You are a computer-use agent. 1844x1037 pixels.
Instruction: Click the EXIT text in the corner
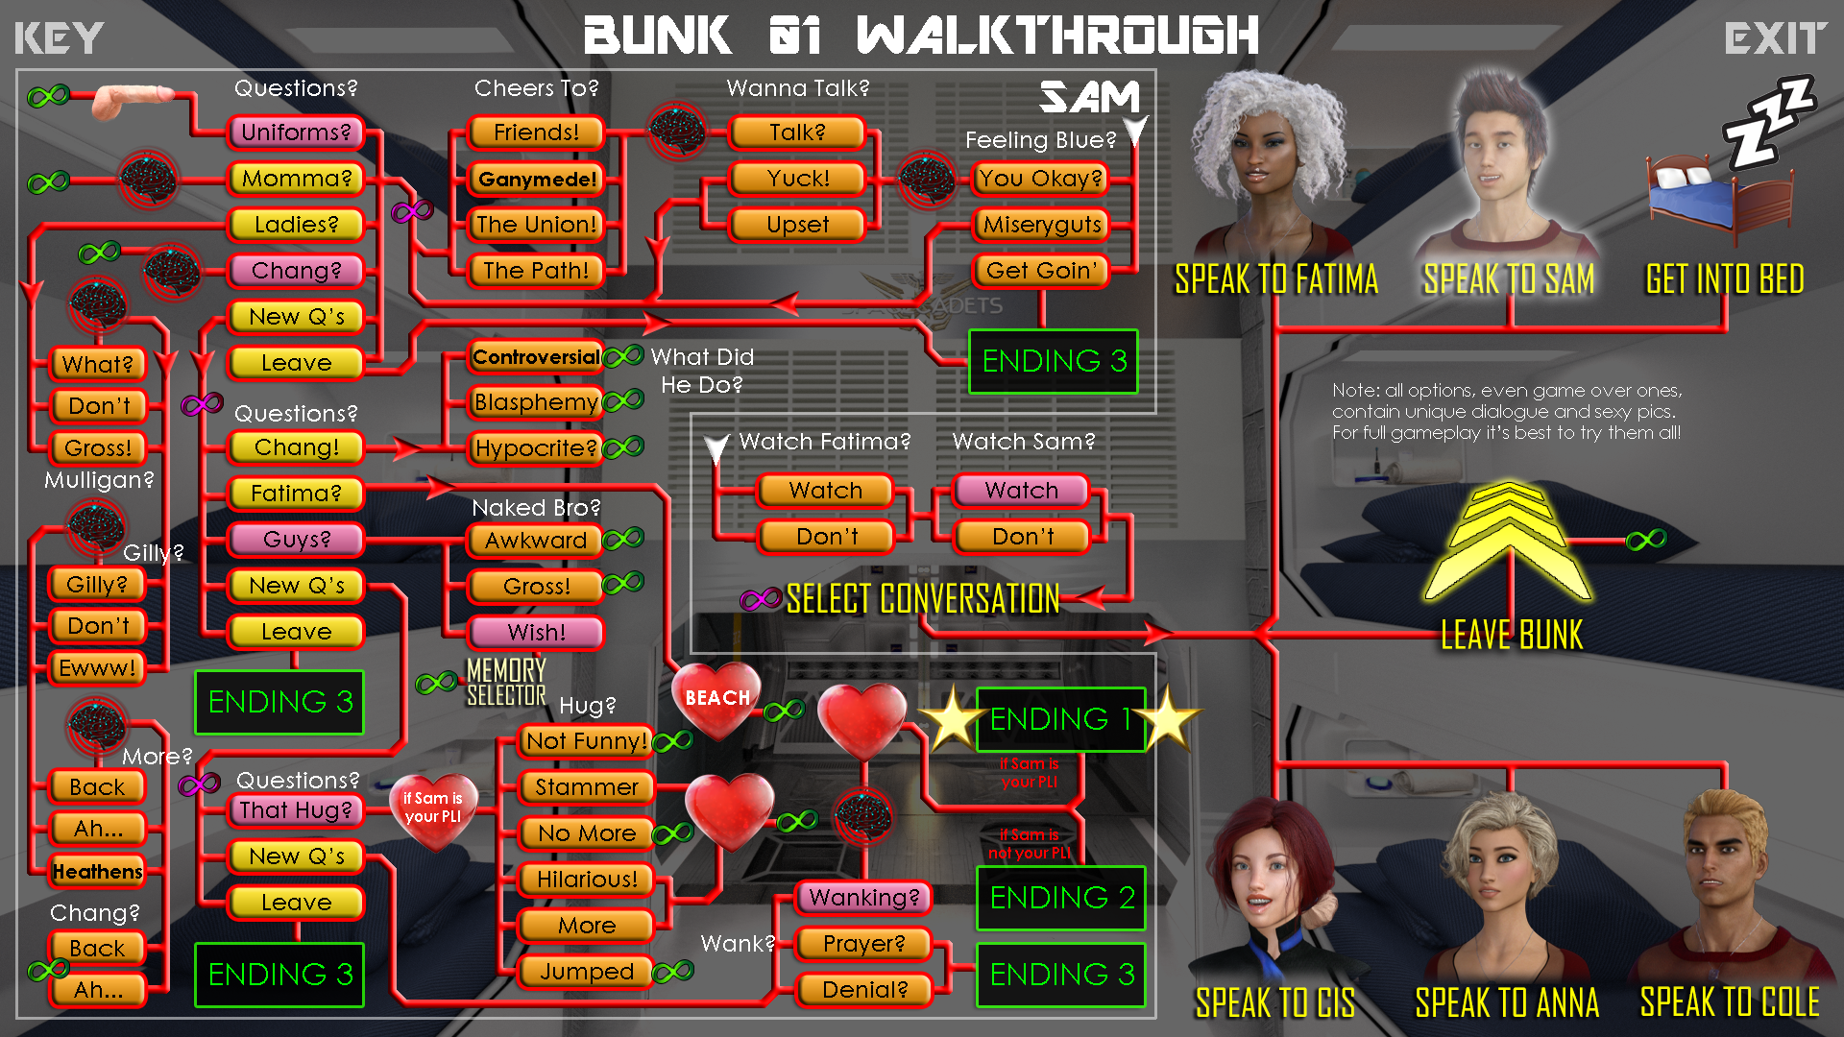tap(1775, 38)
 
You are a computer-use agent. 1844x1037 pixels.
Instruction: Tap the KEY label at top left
tap(59, 38)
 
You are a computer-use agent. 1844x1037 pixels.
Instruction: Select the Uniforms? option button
tap(296, 133)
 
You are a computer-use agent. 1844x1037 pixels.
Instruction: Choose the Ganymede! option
tap(537, 179)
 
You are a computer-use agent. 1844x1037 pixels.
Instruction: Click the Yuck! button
tap(798, 179)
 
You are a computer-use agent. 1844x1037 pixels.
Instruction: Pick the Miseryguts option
tap(1042, 225)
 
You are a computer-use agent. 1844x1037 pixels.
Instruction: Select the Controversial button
tap(536, 357)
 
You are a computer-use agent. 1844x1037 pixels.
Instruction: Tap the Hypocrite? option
tap(536, 448)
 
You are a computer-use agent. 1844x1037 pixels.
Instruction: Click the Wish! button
tap(536, 633)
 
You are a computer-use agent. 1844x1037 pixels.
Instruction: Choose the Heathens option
tap(97, 872)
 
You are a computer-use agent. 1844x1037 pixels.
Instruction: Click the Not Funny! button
tap(586, 741)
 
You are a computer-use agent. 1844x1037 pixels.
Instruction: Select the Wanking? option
tap(864, 898)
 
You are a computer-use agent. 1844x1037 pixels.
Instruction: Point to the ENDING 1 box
tap(1060, 719)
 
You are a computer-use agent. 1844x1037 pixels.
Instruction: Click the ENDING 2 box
tap(1060, 898)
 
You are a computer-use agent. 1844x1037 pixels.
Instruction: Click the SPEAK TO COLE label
tap(1729, 1002)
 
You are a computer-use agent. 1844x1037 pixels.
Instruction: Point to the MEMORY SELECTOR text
tap(506, 682)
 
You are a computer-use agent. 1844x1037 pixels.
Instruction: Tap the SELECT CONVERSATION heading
tap(922, 599)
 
